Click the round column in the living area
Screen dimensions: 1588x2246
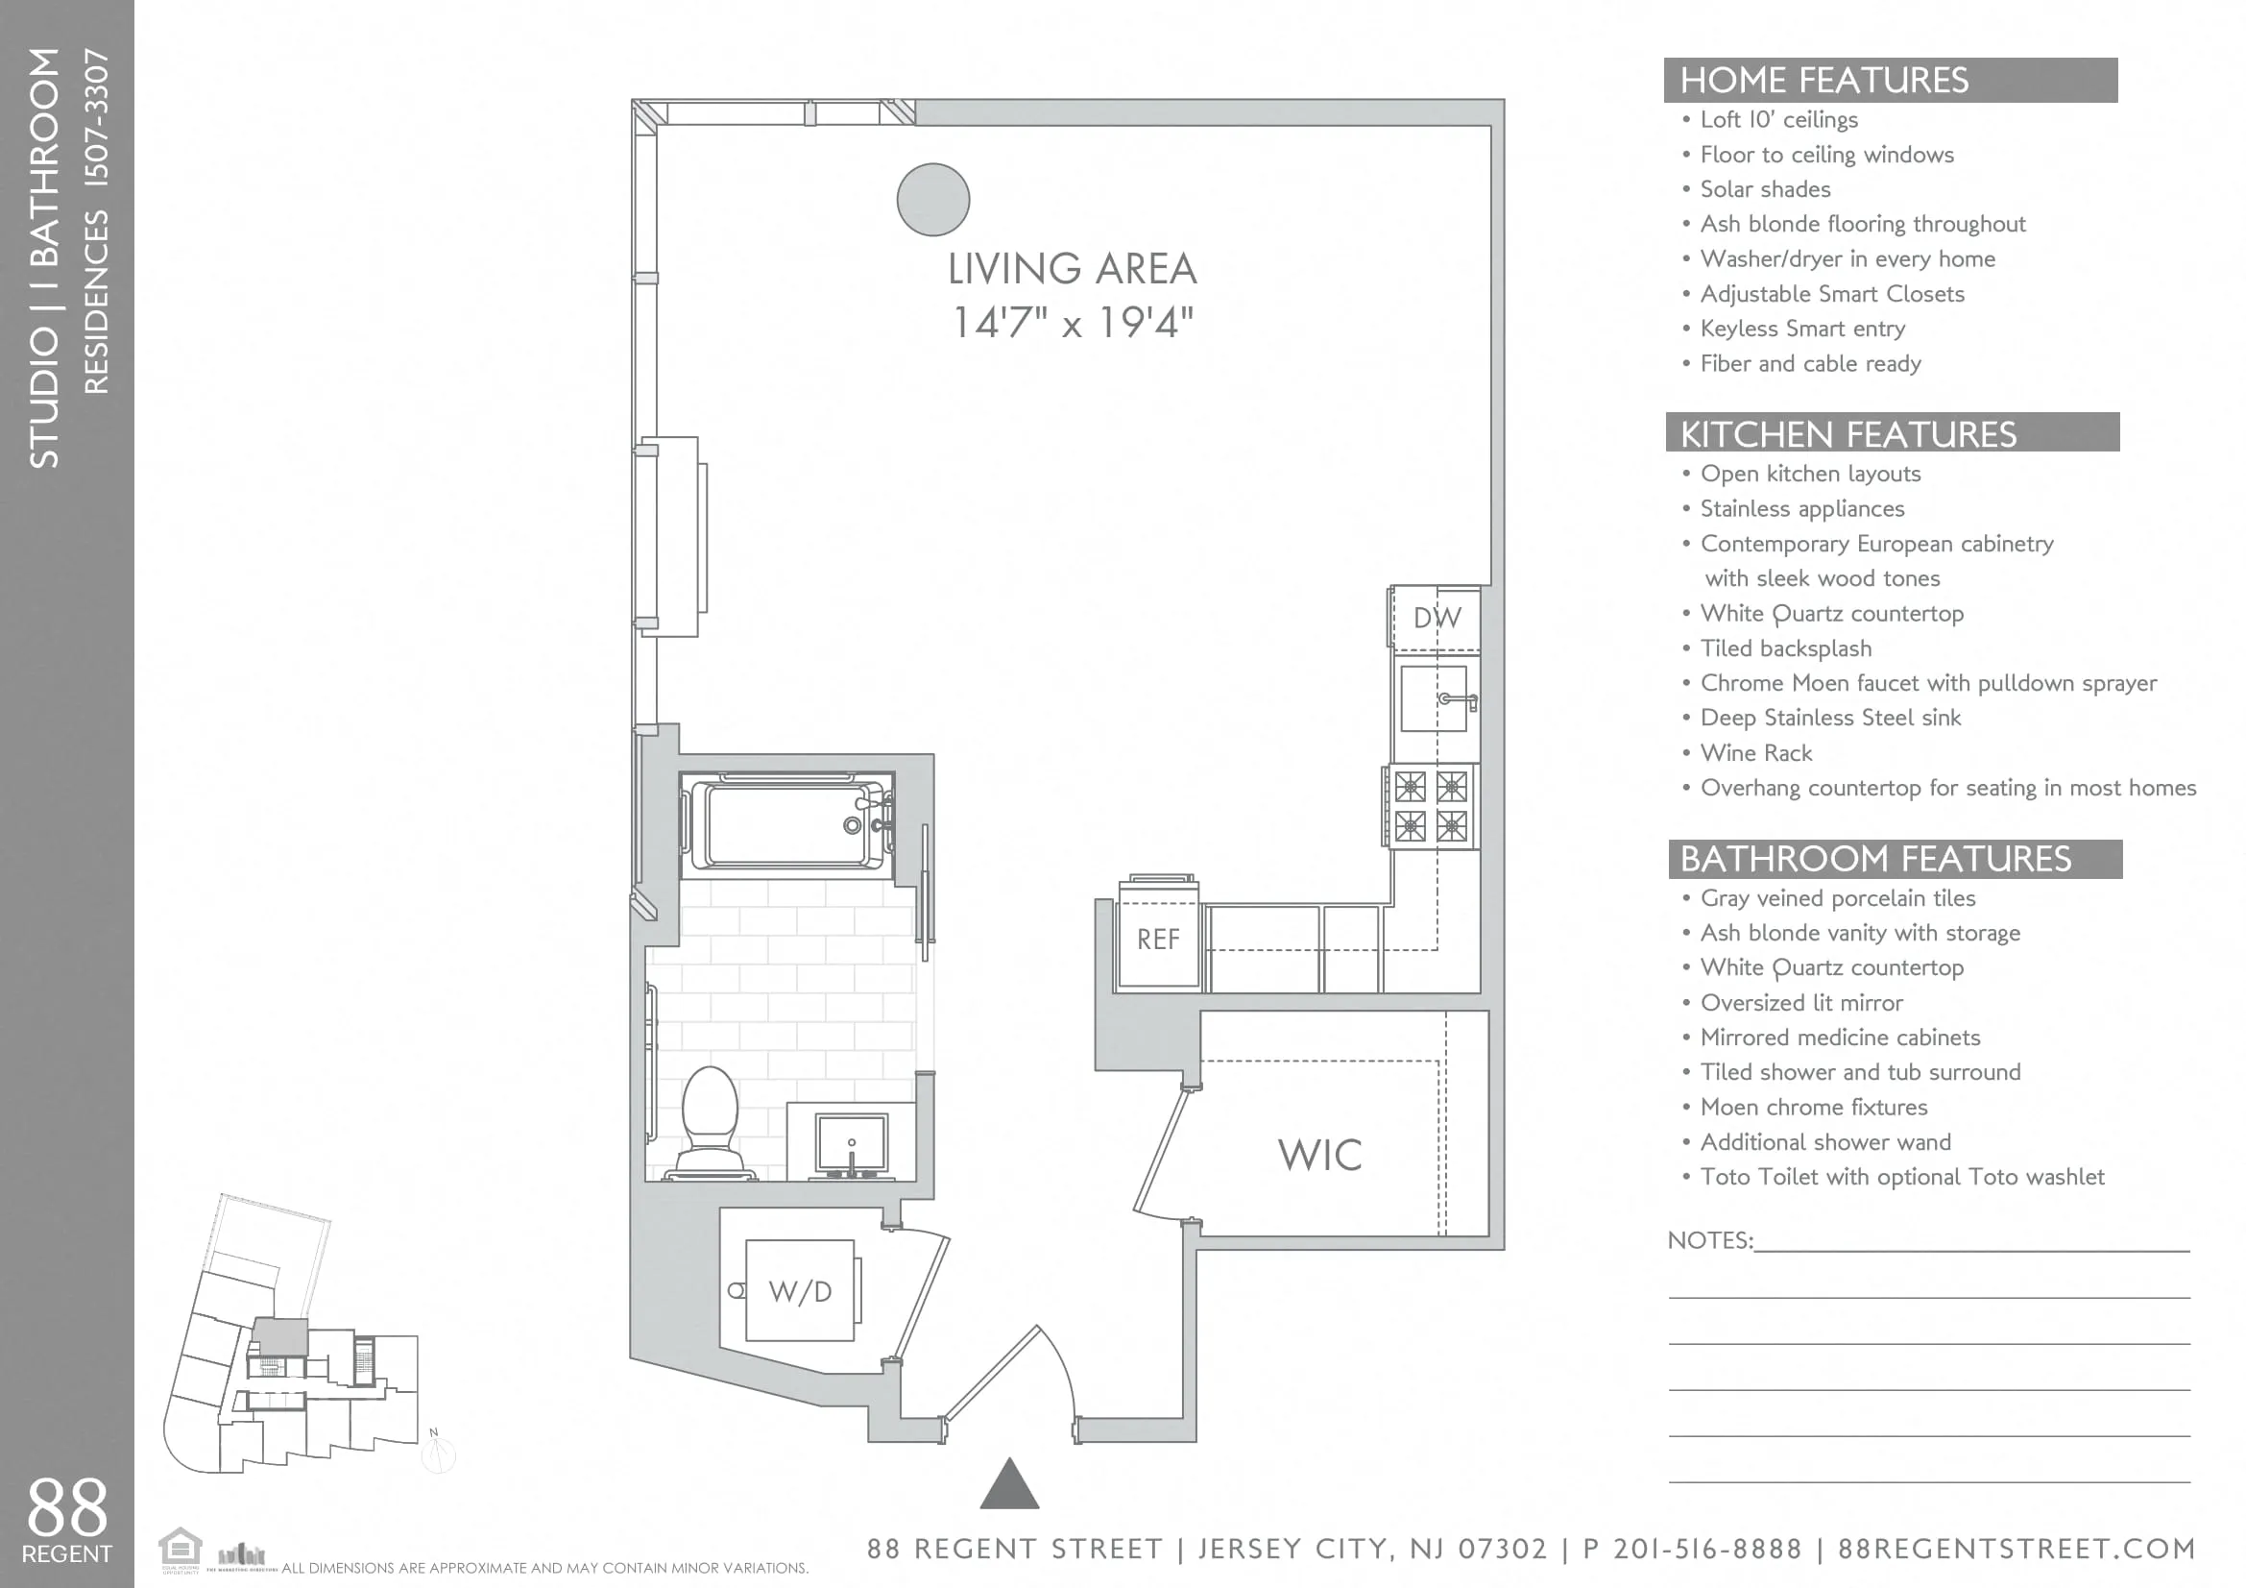point(932,200)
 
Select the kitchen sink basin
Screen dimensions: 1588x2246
point(1432,698)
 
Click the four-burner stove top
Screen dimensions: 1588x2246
point(1430,806)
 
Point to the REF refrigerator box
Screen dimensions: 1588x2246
point(1158,940)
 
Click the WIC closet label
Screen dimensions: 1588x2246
point(1319,1156)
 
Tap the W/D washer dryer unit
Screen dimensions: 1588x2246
point(800,1291)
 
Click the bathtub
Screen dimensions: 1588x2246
point(787,825)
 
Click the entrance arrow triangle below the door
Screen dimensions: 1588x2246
point(1009,1485)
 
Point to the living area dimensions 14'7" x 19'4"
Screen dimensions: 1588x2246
point(1073,322)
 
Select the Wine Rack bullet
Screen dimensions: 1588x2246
point(1756,752)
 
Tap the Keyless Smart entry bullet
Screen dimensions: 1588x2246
point(1801,329)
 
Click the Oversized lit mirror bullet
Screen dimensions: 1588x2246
point(1800,1003)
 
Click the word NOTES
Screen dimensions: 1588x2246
point(1708,1240)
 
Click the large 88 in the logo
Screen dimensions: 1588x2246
point(65,1507)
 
